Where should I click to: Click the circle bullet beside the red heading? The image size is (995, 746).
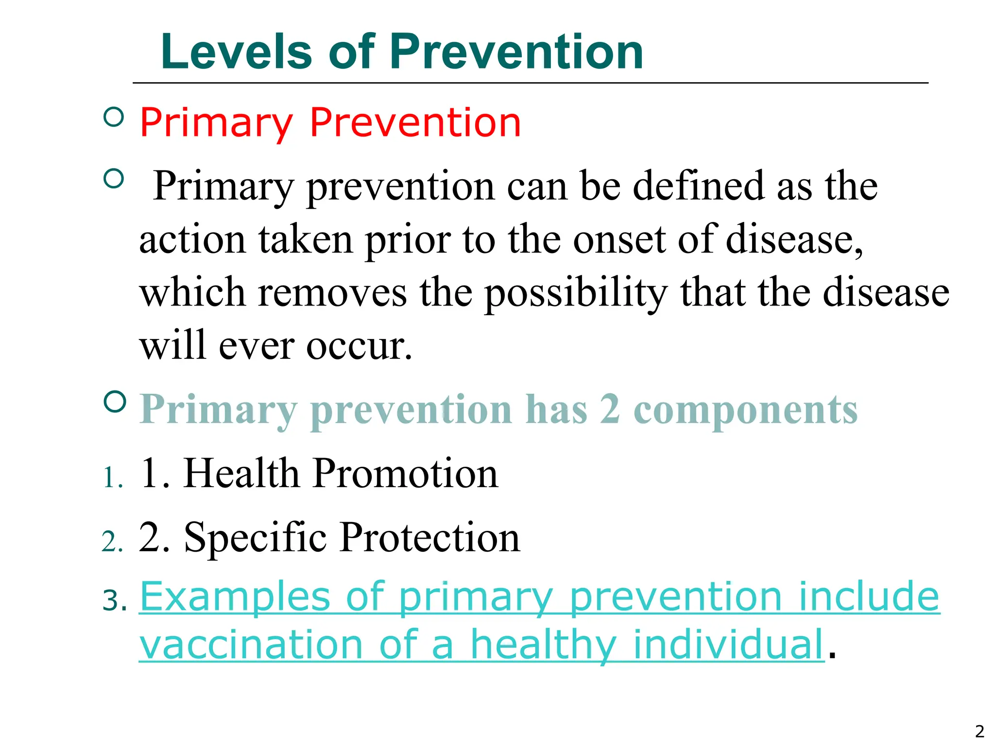114,117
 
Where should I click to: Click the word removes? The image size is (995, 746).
332,293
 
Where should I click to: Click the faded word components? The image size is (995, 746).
745,410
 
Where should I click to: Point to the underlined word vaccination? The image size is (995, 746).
251,645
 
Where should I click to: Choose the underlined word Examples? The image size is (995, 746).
235,597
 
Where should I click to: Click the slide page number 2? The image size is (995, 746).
979,731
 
